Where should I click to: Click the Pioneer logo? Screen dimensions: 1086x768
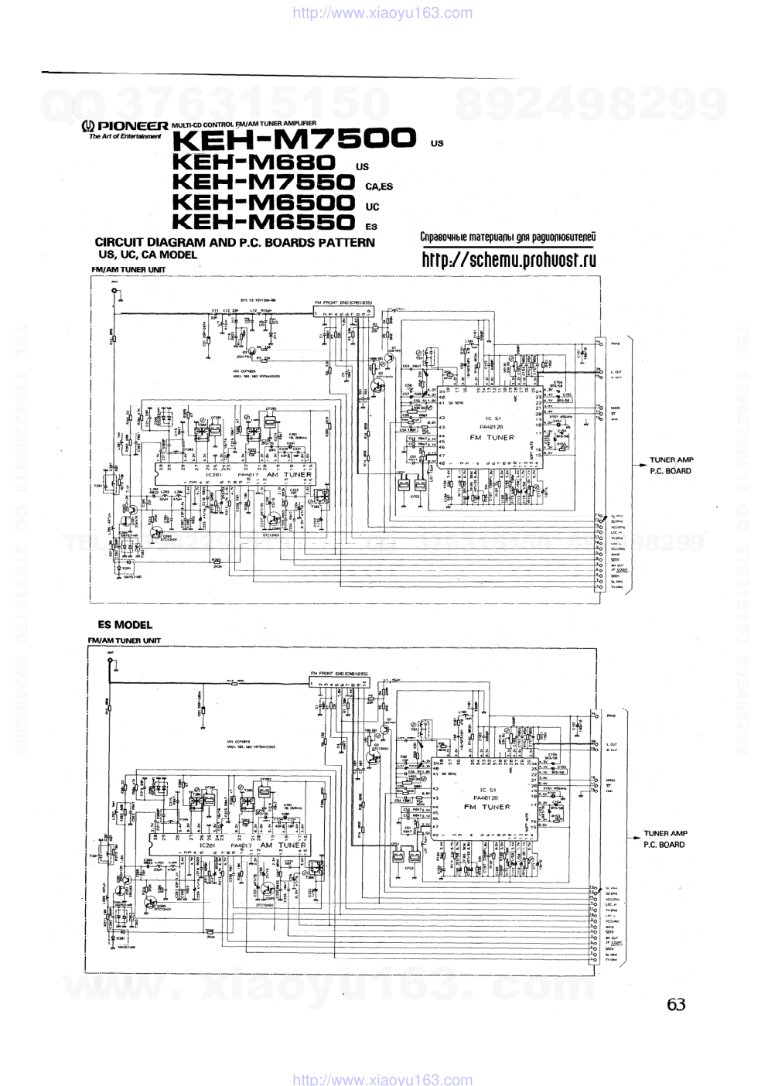tap(125, 126)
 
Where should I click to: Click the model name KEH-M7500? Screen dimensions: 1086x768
tap(294, 139)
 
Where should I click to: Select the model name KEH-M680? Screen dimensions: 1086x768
tap(254, 162)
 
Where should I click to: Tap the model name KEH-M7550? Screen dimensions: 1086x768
tap(263, 183)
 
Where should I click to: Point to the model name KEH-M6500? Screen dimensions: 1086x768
tap(263, 203)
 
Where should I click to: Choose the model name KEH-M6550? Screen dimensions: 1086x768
tap(263, 223)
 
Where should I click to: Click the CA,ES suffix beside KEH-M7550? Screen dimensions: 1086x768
tap(379, 186)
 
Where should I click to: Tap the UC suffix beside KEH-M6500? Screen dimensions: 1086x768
tap(373, 207)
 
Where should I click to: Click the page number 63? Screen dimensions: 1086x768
tap(675, 1005)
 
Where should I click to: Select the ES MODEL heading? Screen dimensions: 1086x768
tap(125, 625)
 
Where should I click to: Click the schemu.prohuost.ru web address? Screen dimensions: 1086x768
tap(508, 260)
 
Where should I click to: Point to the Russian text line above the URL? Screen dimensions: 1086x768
tap(507, 237)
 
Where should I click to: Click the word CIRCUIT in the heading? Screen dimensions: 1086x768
tap(119, 242)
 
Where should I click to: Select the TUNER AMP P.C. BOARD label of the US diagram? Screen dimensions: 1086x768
tap(671, 466)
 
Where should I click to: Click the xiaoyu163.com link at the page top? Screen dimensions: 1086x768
tap(384, 12)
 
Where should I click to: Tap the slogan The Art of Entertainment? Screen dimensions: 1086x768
tap(125, 137)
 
